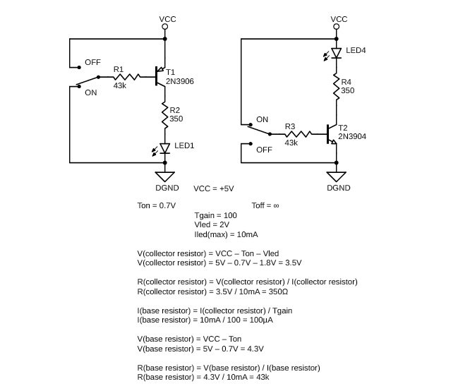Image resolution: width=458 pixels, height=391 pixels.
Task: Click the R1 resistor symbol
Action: click(127, 77)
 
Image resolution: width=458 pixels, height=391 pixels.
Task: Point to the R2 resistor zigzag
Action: click(164, 115)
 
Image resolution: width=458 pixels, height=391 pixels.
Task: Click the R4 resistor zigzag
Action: click(336, 87)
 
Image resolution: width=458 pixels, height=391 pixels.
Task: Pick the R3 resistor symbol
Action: click(299, 134)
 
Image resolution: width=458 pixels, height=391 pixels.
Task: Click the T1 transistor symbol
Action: click(160, 76)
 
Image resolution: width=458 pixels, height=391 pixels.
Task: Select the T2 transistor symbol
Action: click(332, 134)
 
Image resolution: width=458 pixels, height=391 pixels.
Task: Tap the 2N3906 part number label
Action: click(180, 81)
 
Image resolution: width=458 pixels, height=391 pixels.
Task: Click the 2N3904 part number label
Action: click(352, 136)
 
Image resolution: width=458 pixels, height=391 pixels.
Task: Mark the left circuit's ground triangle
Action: click(164, 177)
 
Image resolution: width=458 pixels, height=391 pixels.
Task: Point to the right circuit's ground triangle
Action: click(336, 177)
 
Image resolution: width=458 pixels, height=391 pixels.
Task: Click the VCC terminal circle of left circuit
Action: click(164, 27)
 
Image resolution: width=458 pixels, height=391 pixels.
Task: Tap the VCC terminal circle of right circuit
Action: click(336, 27)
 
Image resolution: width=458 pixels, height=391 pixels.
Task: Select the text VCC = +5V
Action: click(214, 188)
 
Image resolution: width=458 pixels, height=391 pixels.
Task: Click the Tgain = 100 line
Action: click(215, 215)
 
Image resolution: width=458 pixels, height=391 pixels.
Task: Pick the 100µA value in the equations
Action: click(261, 320)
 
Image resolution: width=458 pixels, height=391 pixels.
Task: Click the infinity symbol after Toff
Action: click(276, 205)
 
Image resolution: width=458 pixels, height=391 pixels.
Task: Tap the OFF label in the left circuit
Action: click(92, 62)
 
